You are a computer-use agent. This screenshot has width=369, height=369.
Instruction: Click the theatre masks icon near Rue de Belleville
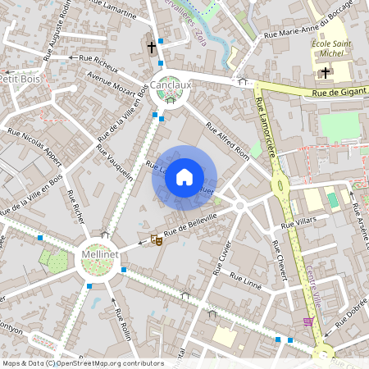point(155,240)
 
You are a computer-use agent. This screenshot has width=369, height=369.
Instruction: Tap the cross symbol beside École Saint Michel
point(326,73)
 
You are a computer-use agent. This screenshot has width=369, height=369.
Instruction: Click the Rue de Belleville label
point(190,225)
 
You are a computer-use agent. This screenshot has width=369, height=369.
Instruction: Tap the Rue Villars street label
point(298,222)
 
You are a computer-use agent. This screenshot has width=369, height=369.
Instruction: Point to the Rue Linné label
point(245,280)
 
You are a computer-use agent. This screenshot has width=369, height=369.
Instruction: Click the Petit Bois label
point(20,80)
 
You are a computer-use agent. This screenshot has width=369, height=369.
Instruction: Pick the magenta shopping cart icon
point(308,321)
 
